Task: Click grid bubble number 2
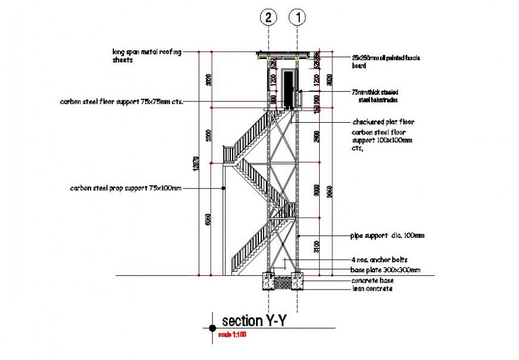pos(269,18)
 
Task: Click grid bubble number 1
pos(297,18)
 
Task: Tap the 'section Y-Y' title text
pos(255,321)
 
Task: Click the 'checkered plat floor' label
pos(383,122)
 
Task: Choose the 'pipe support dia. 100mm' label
pos(387,236)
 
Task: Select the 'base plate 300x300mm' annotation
pos(385,270)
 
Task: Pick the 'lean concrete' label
pos(372,288)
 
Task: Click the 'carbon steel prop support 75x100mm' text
pos(125,188)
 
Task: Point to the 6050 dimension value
pos(208,220)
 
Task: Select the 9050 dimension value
pos(330,192)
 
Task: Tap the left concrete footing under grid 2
pos(269,281)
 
